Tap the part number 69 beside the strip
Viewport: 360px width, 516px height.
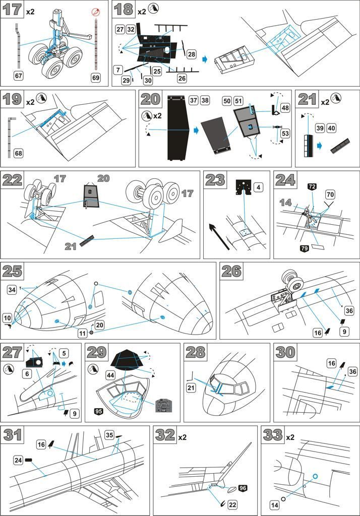tap(96, 77)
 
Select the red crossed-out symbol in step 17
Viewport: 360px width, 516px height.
tap(95, 12)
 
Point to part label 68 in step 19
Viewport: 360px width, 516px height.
tap(19, 153)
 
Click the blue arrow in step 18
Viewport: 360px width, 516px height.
tap(205, 59)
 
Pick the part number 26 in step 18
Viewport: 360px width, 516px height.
tap(182, 78)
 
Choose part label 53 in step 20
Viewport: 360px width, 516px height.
tap(285, 134)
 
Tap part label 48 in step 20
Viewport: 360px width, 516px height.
tap(285, 108)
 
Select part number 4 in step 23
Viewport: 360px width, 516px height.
tap(258, 187)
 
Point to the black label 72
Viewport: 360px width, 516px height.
tap(312, 187)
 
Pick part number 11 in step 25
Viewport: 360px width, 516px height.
tap(83, 333)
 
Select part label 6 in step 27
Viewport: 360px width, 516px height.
tap(27, 373)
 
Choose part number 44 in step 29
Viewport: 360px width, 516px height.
tap(110, 375)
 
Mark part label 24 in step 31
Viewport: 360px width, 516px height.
tap(18, 460)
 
